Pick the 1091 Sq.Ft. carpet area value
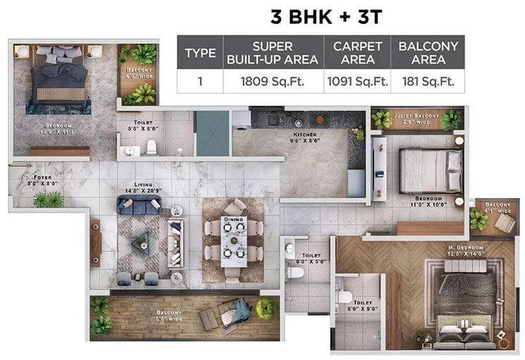[x=357, y=81]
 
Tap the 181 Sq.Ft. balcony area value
[x=428, y=81]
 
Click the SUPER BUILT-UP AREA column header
[x=272, y=53]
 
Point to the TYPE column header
[x=200, y=54]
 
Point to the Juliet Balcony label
[x=418, y=118]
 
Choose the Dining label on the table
[x=233, y=219]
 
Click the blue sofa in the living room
[x=139, y=204]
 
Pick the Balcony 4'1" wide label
[x=498, y=208]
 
